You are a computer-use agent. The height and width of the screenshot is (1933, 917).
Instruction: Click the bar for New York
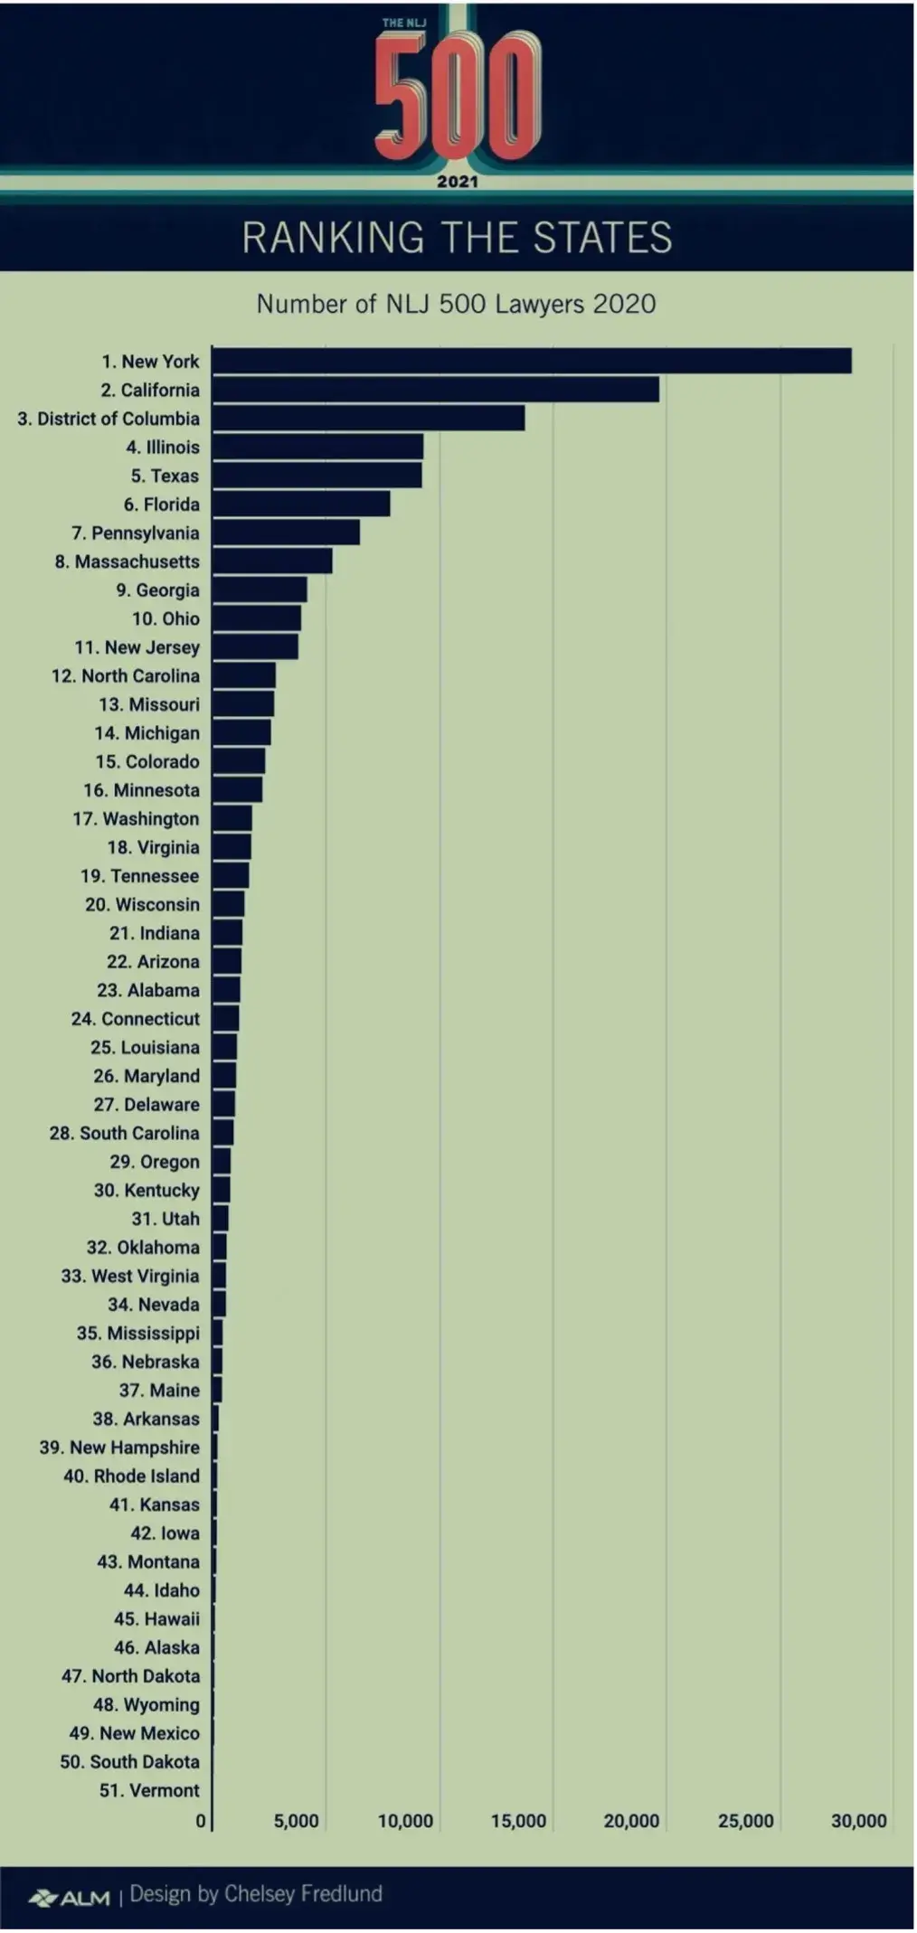[532, 361]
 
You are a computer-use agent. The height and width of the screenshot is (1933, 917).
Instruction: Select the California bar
[436, 390]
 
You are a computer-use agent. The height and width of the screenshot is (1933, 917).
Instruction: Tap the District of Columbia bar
[368, 419]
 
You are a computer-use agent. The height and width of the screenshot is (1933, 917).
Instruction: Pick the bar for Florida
[301, 504]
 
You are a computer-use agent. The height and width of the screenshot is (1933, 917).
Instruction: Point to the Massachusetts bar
[272, 561]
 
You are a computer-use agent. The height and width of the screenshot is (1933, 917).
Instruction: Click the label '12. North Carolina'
[126, 676]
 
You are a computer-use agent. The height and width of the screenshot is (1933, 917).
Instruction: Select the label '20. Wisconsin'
[142, 905]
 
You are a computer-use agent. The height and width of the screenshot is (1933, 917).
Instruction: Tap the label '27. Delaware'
[146, 1105]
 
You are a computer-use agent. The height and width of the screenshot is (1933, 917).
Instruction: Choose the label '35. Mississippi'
[137, 1334]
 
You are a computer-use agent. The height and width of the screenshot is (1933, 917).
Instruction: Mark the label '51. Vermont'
[149, 1791]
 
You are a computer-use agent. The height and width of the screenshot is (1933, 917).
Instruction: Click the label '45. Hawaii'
[156, 1619]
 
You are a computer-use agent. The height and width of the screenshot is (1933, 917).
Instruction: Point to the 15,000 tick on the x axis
[518, 1821]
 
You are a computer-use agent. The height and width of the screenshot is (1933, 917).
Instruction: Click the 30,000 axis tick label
[858, 1821]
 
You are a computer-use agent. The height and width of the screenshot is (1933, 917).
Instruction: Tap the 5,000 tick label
[297, 1821]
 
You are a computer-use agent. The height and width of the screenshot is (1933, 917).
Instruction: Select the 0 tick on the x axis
[201, 1821]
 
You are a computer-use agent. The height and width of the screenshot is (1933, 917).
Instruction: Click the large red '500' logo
[458, 95]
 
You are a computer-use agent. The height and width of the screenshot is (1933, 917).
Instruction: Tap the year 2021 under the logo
[458, 182]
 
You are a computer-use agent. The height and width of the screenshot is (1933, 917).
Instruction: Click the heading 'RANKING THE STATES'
[458, 238]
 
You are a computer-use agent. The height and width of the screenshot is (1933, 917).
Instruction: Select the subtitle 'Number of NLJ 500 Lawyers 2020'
[457, 304]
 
